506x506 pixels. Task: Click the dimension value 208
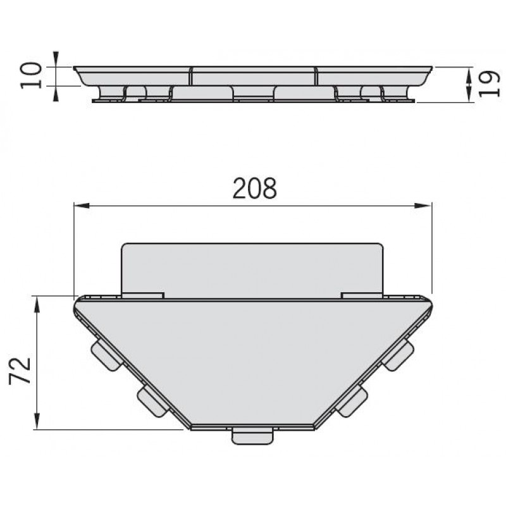click(255, 188)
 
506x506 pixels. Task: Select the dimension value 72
click(20, 371)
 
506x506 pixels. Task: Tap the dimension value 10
click(31, 75)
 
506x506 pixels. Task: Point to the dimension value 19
click(489, 83)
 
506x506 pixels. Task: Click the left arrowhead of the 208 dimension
click(82, 206)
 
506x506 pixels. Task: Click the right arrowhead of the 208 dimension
click(423, 206)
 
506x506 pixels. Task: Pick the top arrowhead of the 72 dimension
click(37, 305)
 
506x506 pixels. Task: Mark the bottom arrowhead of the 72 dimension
click(37, 421)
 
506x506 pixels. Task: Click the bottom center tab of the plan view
click(252, 436)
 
